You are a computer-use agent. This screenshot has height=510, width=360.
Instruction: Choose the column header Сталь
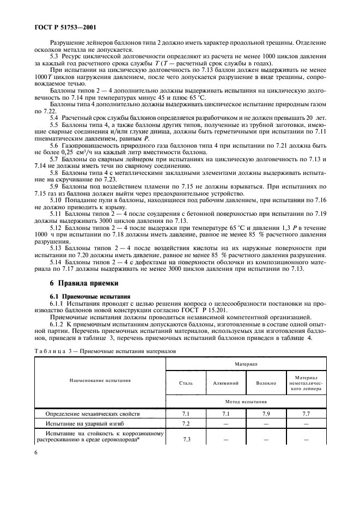pyautogui.click(x=186, y=383)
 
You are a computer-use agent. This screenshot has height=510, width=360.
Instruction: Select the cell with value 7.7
pyautogui.click(x=306, y=414)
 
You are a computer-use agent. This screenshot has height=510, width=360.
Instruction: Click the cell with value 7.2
pyautogui.click(x=186, y=423)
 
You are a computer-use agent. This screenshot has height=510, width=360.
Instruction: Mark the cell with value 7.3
pyautogui.click(x=186, y=439)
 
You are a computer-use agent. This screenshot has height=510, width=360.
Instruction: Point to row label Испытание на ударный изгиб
pyautogui.click(x=84, y=423)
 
